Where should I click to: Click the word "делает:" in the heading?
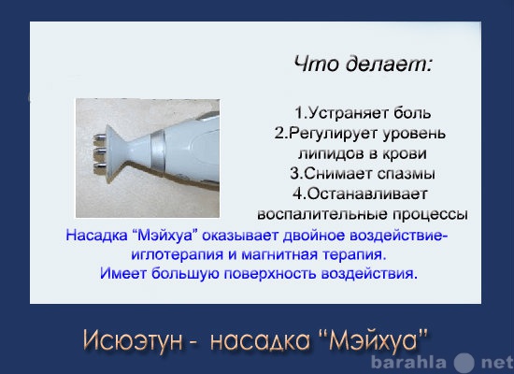389,64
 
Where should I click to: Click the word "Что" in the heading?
316,64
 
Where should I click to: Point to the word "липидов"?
331,153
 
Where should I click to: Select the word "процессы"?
430,214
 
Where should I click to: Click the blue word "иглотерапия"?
178,255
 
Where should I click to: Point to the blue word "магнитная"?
279,255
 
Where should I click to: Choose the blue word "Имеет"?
123,273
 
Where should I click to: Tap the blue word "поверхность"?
269,274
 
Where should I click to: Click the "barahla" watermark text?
408,363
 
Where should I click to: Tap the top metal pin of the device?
100,137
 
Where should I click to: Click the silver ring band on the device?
158,151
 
